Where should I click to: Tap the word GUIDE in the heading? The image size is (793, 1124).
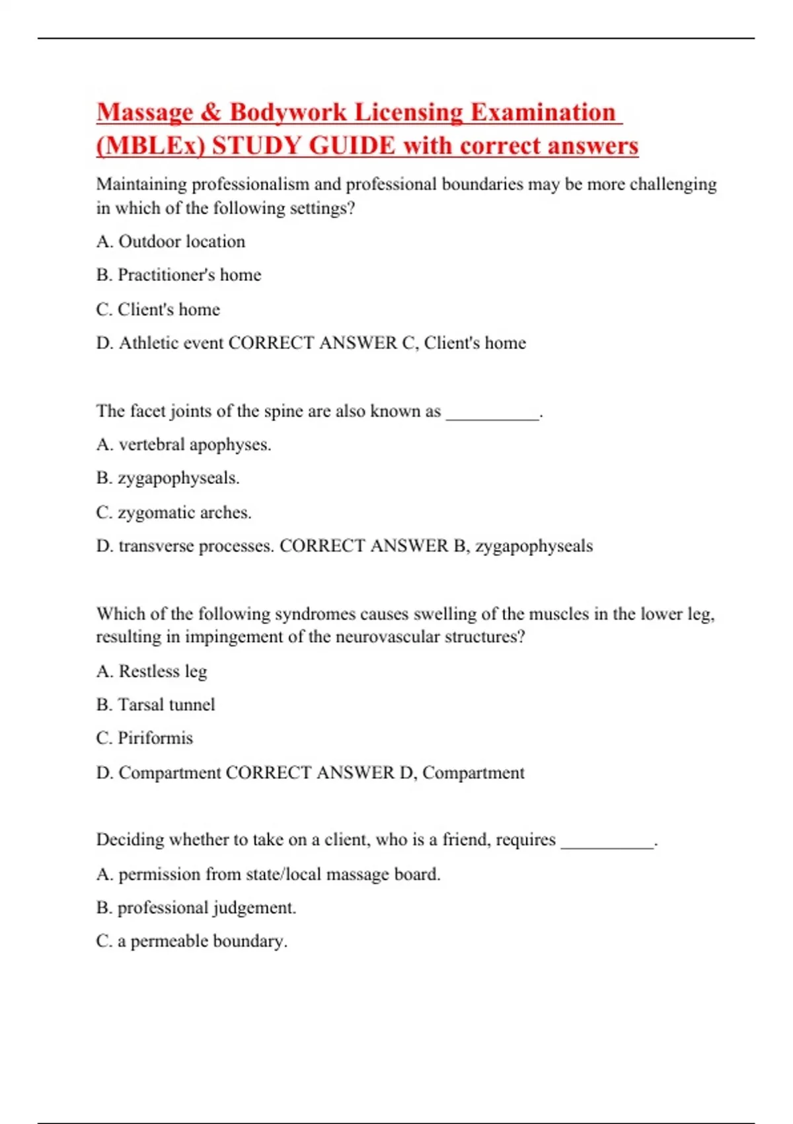pyautogui.click(x=352, y=146)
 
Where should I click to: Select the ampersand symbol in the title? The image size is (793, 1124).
pyautogui.click(x=211, y=112)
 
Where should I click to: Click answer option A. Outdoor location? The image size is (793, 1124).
pyautogui.click(x=170, y=242)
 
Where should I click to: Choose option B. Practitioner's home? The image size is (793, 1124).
pyautogui.click(x=178, y=275)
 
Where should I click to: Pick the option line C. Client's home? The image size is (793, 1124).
pyautogui.click(x=158, y=309)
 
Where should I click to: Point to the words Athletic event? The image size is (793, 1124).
pyautogui.click(x=171, y=343)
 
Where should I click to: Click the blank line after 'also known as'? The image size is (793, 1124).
pyautogui.click(x=493, y=413)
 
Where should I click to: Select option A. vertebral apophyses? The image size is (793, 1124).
pyautogui.click(x=184, y=445)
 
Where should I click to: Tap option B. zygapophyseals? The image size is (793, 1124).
pyautogui.click(x=168, y=478)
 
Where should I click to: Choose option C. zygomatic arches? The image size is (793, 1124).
pyautogui.click(x=174, y=512)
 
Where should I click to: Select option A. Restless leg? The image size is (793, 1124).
pyautogui.click(x=151, y=672)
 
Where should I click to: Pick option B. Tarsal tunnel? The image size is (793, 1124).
pyautogui.click(x=155, y=705)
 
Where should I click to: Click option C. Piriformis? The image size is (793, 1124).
pyautogui.click(x=144, y=739)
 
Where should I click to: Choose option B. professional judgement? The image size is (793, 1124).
pyautogui.click(x=196, y=908)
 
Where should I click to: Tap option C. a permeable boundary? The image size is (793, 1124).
pyautogui.click(x=192, y=942)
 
